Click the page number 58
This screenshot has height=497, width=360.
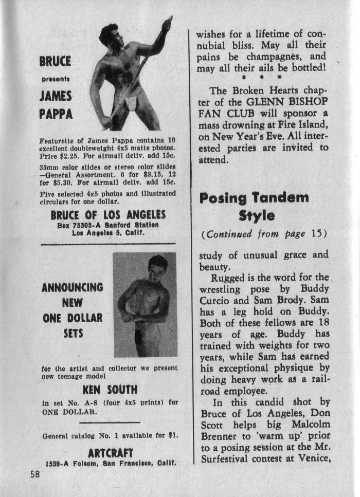click(x=34, y=474)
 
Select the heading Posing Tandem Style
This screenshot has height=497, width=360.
click(x=254, y=206)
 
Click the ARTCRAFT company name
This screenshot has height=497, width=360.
click(x=111, y=453)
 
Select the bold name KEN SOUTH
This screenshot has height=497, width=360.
click(x=110, y=389)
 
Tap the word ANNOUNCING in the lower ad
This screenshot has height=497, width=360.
click(x=72, y=287)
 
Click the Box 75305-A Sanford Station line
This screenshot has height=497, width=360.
click(x=108, y=225)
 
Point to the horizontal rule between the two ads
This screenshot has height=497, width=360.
click(x=108, y=243)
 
